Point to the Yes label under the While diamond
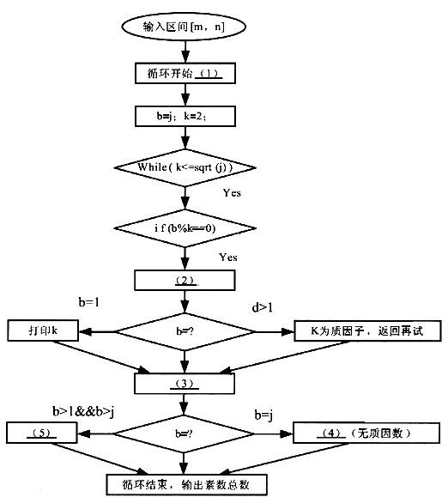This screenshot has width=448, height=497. pos(231,193)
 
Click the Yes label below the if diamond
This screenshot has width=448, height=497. pos(228,257)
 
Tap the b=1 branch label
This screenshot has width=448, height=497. pos(88,302)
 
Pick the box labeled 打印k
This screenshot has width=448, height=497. pos(43,330)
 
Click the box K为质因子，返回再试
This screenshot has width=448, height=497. pos(366,330)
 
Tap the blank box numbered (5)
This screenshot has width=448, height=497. pos(43,432)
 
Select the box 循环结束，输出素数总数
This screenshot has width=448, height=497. pos(182,483)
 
